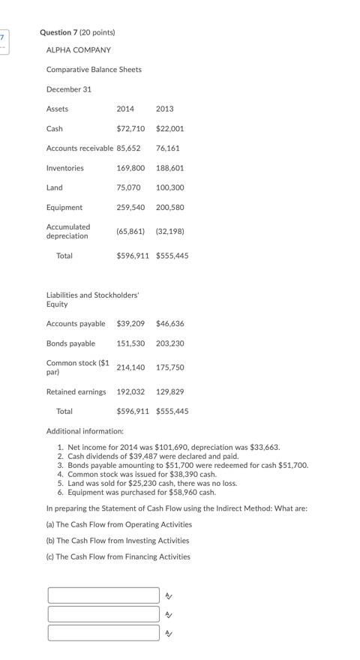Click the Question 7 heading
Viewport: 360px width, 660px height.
click(77, 32)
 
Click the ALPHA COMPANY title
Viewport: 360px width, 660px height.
click(78, 50)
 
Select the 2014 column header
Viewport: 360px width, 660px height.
click(125, 109)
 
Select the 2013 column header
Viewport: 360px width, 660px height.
click(164, 109)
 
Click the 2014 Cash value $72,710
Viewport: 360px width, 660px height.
click(130, 129)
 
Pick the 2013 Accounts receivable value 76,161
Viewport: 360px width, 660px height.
click(167, 148)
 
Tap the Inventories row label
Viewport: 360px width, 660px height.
click(65, 168)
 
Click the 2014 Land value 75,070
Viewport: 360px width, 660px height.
click(128, 187)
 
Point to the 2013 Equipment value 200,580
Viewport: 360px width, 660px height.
click(169, 208)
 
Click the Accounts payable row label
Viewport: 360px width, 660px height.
click(76, 324)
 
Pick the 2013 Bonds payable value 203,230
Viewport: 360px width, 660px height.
click(169, 343)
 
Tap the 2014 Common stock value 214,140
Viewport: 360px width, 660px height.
click(130, 367)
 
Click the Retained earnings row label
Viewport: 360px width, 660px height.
click(76, 391)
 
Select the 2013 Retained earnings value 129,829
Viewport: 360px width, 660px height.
click(169, 391)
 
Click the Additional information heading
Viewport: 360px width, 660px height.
click(85, 431)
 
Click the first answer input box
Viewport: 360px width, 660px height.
click(103, 595)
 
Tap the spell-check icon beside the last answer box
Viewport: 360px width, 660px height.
click(169, 634)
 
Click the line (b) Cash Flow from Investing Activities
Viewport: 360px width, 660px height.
click(118, 540)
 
